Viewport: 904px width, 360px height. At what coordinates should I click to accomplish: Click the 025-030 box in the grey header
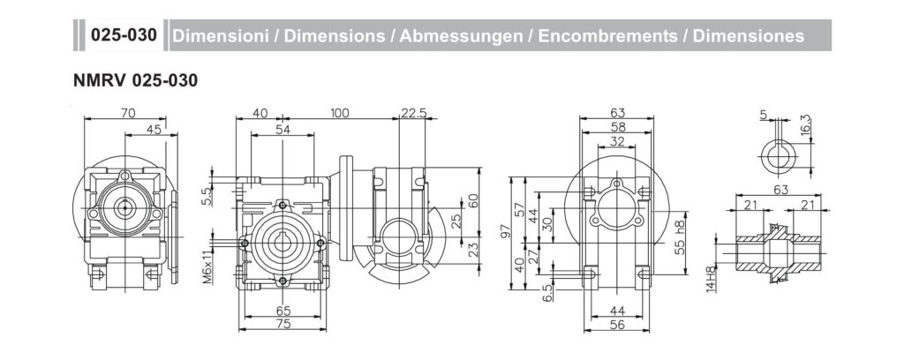[x=124, y=35]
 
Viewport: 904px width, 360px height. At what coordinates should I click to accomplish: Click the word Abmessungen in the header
[x=462, y=35]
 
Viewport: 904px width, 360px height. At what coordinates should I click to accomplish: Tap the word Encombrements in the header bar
[x=608, y=35]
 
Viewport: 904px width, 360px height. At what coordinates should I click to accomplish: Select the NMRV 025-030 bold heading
[x=135, y=81]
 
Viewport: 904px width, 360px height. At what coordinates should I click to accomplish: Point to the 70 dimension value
[x=128, y=113]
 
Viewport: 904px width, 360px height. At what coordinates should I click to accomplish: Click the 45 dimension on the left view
[x=154, y=130]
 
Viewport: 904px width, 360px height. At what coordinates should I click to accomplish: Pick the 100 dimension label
[x=340, y=113]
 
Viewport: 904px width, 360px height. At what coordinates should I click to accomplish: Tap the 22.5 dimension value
[x=414, y=113]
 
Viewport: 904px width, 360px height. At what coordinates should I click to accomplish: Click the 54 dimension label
[x=282, y=130]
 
